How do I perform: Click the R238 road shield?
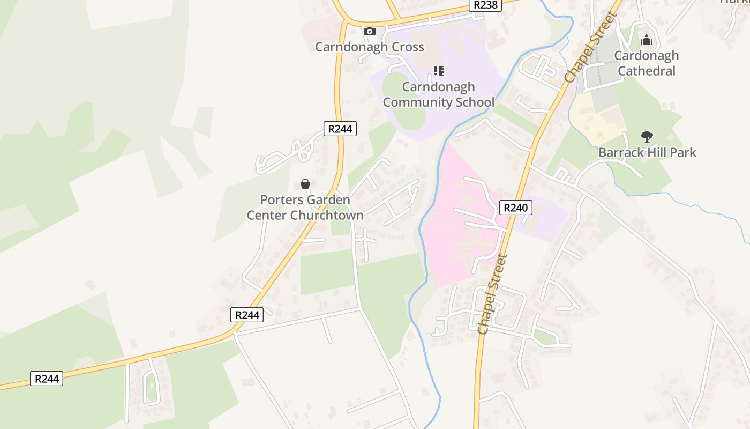(x=485, y=5)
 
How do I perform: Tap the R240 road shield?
(x=516, y=208)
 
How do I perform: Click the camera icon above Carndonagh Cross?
(x=370, y=31)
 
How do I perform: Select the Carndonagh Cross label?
(x=370, y=47)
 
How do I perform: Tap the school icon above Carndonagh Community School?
(x=439, y=70)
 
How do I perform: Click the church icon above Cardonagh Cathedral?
(x=647, y=40)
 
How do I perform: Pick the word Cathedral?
(x=647, y=71)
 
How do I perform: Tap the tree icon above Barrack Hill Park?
(x=647, y=137)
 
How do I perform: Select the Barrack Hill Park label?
(x=647, y=152)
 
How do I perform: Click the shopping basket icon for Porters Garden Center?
(x=305, y=184)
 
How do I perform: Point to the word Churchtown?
(x=327, y=216)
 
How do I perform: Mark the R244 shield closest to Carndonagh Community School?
(x=340, y=129)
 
